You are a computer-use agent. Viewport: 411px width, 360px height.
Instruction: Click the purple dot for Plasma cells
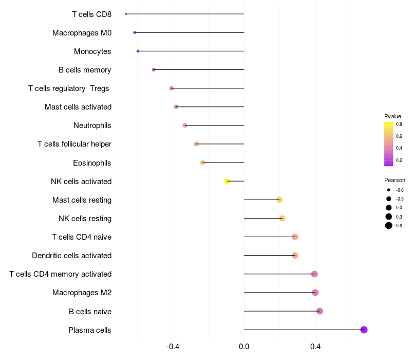(364, 330)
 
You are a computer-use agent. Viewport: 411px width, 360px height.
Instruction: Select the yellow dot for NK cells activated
(227, 181)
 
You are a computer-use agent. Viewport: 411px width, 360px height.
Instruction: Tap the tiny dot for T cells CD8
(126, 14)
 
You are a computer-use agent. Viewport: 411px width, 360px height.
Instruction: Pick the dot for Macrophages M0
(135, 32)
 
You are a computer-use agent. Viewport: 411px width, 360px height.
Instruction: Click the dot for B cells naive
(320, 311)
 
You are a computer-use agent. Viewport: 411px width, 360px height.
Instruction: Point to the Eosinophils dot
(202, 163)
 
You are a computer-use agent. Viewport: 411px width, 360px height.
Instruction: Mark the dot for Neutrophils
(185, 125)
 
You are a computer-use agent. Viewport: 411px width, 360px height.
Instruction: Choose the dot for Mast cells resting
(279, 200)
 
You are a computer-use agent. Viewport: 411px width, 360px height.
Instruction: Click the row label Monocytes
(92, 51)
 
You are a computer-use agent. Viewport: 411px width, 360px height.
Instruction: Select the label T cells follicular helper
(74, 144)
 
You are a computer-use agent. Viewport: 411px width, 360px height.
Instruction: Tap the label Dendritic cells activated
(72, 256)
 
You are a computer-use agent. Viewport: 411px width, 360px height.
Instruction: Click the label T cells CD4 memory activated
(61, 274)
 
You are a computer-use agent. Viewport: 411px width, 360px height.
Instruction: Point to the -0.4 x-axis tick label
(173, 347)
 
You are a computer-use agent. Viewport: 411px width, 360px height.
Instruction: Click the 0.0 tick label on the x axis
(244, 347)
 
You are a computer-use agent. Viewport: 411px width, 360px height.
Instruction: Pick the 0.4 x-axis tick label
(315, 347)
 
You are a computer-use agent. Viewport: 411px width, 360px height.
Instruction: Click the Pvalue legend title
(393, 117)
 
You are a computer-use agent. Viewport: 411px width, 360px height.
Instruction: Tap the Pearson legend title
(395, 181)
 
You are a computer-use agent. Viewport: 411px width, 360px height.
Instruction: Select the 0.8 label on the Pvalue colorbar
(399, 124)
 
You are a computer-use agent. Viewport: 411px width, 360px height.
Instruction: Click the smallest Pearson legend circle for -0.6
(389, 190)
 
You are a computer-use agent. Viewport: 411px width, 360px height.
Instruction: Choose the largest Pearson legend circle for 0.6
(389, 225)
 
